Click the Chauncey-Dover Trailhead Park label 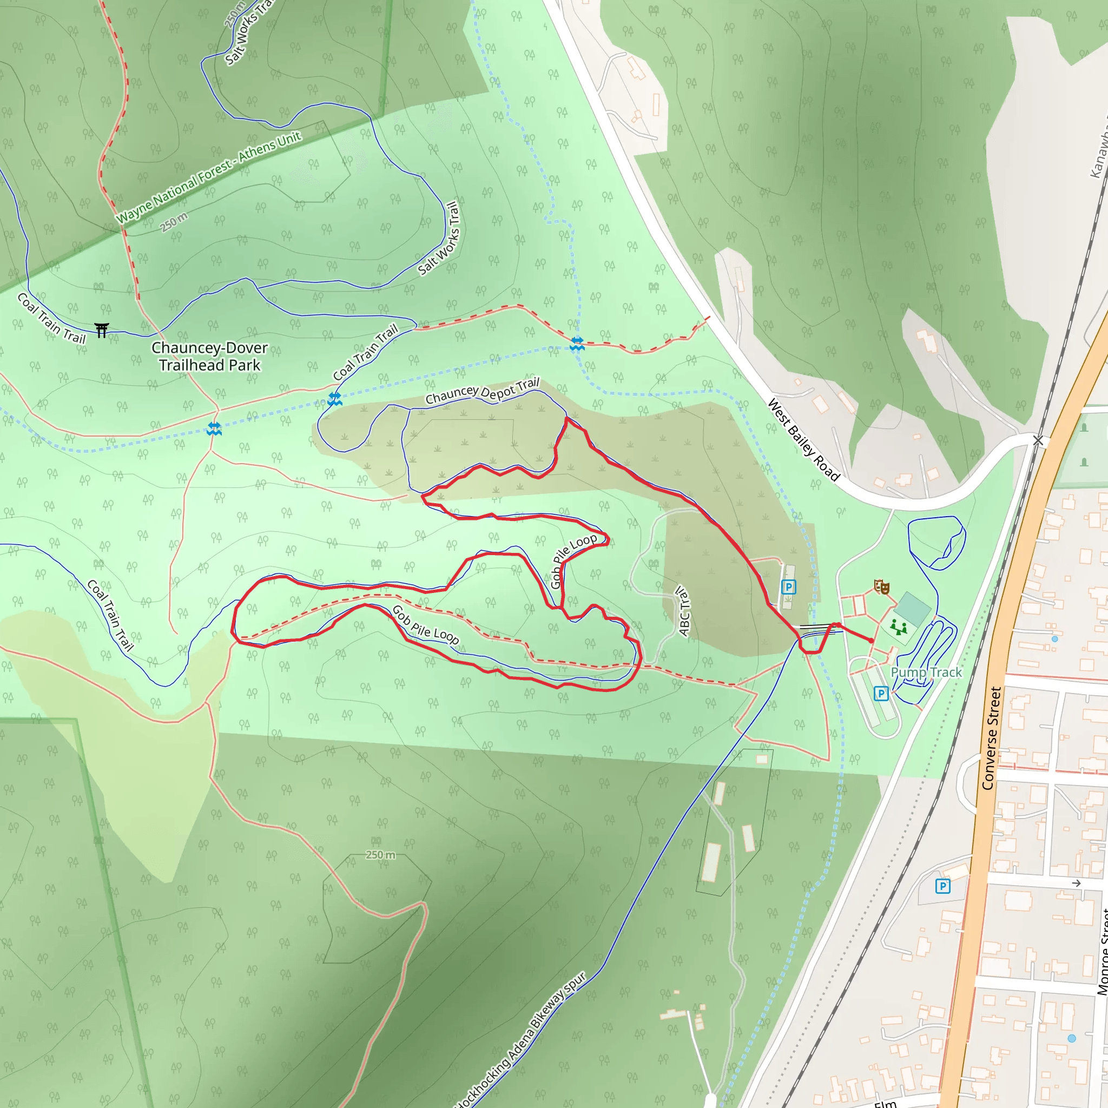click(209, 356)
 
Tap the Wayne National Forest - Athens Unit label click(209, 178)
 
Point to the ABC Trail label click(683, 610)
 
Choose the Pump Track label click(926, 672)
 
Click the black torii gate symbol click(102, 331)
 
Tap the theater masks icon click(881, 586)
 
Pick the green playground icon click(899, 627)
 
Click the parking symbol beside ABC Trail click(789, 586)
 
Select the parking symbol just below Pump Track click(881, 694)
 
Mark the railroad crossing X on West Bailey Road click(1038, 440)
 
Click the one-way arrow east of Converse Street click(1076, 883)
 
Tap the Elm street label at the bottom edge click(886, 1103)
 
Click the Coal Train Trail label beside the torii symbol click(51, 319)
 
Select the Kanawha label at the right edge click(1099, 152)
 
